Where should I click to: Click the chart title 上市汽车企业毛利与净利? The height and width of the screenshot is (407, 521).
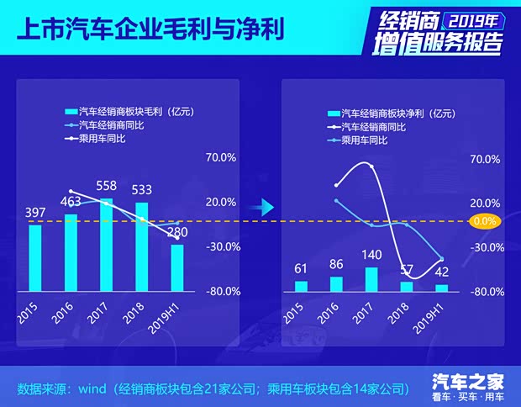pos(150,29)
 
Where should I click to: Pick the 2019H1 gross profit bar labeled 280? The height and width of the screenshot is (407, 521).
pos(176,267)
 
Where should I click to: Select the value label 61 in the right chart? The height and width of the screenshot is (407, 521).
pos(300,268)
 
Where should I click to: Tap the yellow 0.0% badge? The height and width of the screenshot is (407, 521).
pos(485,222)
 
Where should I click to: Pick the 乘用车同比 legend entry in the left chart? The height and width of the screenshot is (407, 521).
pos(106,138)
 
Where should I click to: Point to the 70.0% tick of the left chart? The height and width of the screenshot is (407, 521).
pos(222,157)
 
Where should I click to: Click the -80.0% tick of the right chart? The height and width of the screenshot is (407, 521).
pos(487,292)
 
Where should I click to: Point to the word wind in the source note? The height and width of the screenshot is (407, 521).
pos(92,389)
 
